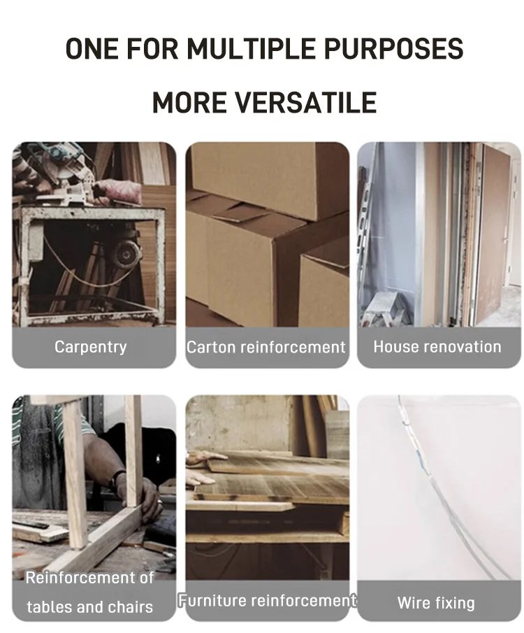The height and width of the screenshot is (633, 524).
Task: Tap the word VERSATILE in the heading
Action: pos(306,103)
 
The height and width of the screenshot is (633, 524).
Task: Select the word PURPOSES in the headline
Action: pos(393,49)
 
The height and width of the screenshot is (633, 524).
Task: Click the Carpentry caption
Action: pos(91,347)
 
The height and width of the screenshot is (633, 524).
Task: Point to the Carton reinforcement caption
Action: pos(266,347)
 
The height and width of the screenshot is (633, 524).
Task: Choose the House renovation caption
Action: pos(437,347)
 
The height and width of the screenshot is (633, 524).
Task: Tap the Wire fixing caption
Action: pos(436,603)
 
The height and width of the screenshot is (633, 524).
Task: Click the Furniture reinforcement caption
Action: pos(268,601)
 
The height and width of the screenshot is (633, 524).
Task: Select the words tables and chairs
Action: pos(90,606)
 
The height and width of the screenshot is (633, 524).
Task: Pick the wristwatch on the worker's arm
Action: pos(117,480)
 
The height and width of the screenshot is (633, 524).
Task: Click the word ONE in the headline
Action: pos(92,49)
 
